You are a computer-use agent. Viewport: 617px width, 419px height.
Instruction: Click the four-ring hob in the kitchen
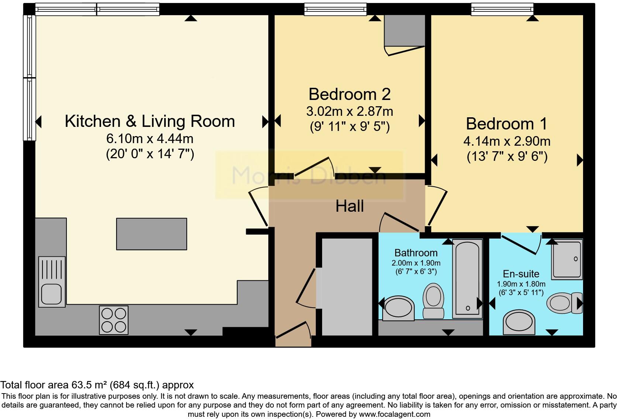click(x=114, y=320)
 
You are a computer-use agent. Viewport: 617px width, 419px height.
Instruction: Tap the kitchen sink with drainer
click(x=52, y=282)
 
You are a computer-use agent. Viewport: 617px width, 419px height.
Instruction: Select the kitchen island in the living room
click(x=151, y=234)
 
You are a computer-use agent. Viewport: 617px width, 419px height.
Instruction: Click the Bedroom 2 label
click(x=349, y=94)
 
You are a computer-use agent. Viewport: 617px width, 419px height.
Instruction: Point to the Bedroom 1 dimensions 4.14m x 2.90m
click(x=507, y=141)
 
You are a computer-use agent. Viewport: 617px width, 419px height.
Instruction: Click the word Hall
click(x=349, y=206)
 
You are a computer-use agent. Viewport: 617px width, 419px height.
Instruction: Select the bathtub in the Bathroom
click(x=467, y=278)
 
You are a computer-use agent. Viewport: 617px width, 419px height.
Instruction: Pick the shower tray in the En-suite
click(x=567, y=259)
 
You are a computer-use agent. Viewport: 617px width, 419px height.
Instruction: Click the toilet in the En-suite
click(x=564, y=302)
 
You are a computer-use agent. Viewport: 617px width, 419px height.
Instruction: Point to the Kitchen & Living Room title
click(x=149, y=121)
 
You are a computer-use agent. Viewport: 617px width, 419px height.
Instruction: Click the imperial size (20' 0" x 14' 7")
click(x=150, y=154)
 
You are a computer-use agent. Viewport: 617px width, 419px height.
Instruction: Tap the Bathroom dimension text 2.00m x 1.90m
click(x=416, y=263)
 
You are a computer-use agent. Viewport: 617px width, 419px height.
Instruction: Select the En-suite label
click(x=521, y=274)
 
